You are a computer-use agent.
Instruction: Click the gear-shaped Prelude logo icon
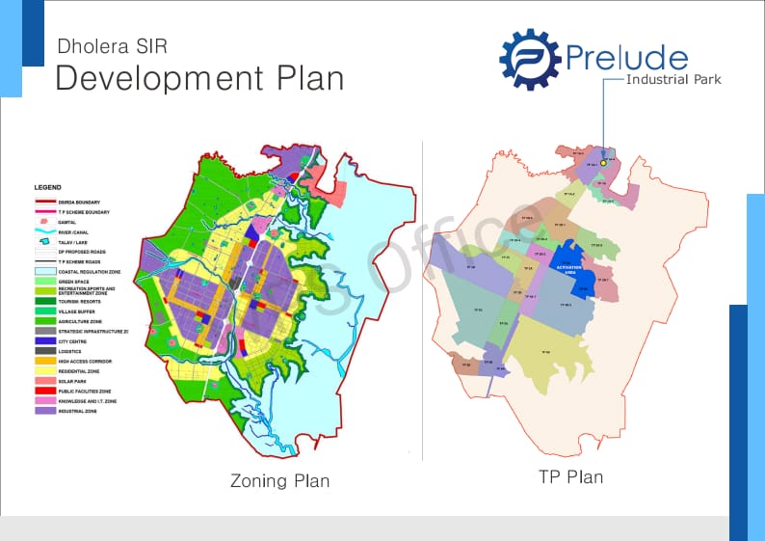530,60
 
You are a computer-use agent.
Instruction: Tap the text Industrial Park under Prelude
673,79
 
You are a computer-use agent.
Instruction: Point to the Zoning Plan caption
279,480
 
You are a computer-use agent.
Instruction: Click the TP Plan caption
571,476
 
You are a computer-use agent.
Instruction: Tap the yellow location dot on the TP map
603,163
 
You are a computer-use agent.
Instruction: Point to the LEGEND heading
47,187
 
